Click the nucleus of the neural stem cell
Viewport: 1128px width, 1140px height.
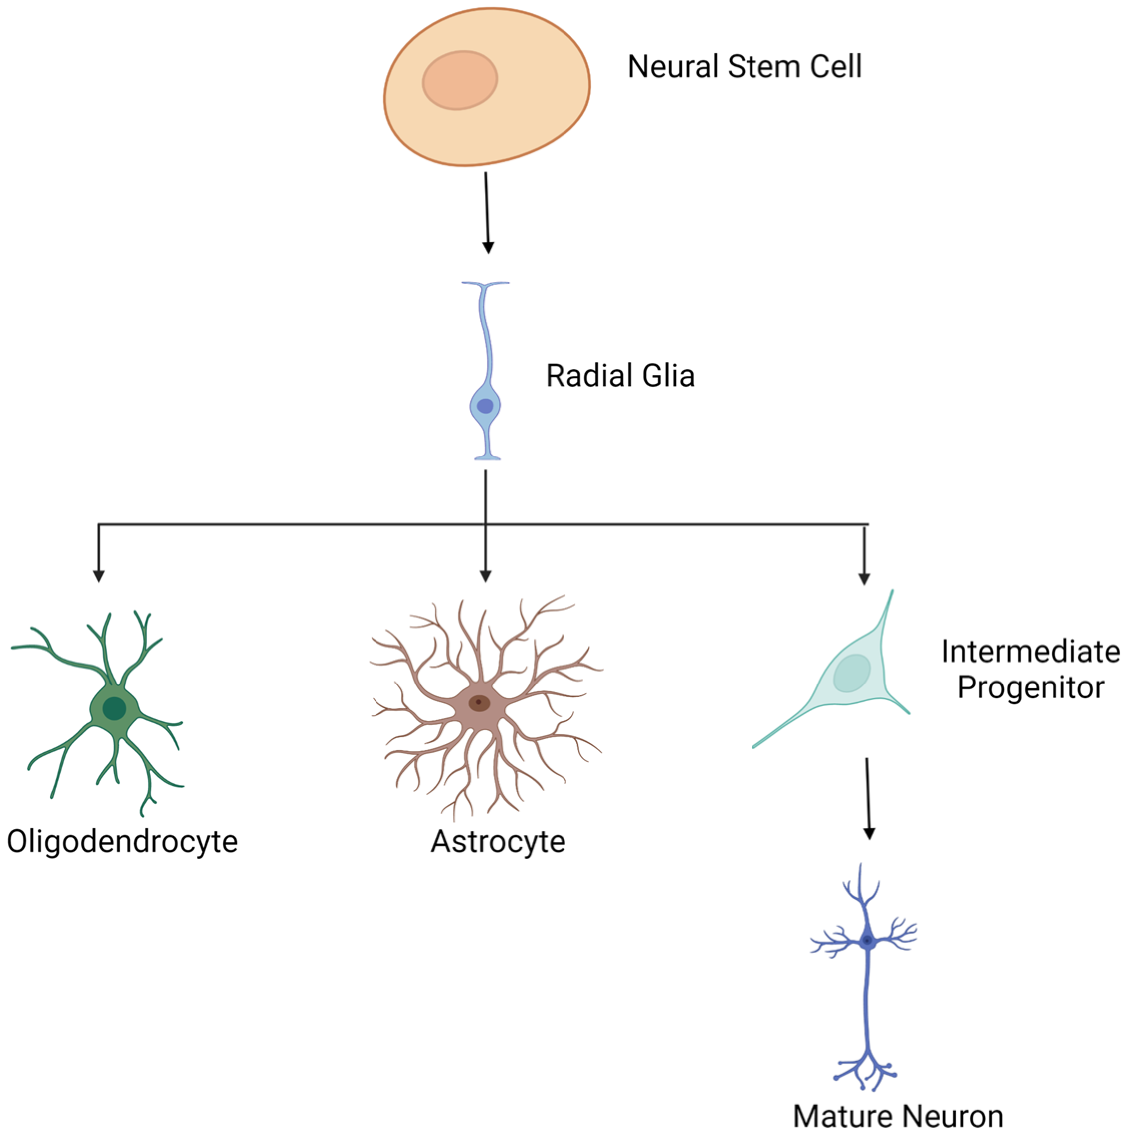(x=459, y=80)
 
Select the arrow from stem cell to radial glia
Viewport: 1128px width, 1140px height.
(x=487, y=213)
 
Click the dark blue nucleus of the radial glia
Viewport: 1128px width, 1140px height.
(x=485, y=406)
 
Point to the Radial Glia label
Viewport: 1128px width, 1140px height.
(x=620, y=375)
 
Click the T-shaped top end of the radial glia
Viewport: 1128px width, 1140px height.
(x=485, y=285)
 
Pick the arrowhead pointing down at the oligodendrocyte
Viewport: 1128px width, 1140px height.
(x=99, y=575)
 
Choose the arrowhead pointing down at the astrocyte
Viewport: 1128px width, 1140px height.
(x=485, y=575)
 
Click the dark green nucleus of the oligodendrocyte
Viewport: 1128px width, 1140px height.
(x=114, y=708)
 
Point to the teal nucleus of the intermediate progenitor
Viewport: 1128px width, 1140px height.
(x=851, y=673)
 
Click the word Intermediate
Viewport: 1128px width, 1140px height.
(x=1030, y=652)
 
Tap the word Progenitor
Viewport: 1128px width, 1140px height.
(x=1030, y=687)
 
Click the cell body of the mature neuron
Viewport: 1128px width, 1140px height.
(x=867, y=940)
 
